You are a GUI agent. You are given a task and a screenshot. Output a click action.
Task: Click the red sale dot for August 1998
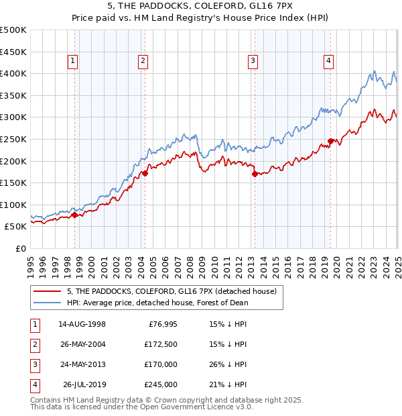[75, 215]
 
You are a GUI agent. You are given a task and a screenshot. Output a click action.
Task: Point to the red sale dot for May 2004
[145, 173]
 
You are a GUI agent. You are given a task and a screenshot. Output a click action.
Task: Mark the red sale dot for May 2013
[255, 174]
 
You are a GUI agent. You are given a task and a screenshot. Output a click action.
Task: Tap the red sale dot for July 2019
[330, 141]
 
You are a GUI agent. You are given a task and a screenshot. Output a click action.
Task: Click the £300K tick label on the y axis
[13, 117]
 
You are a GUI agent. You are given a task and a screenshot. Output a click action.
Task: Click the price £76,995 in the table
[162, 324]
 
